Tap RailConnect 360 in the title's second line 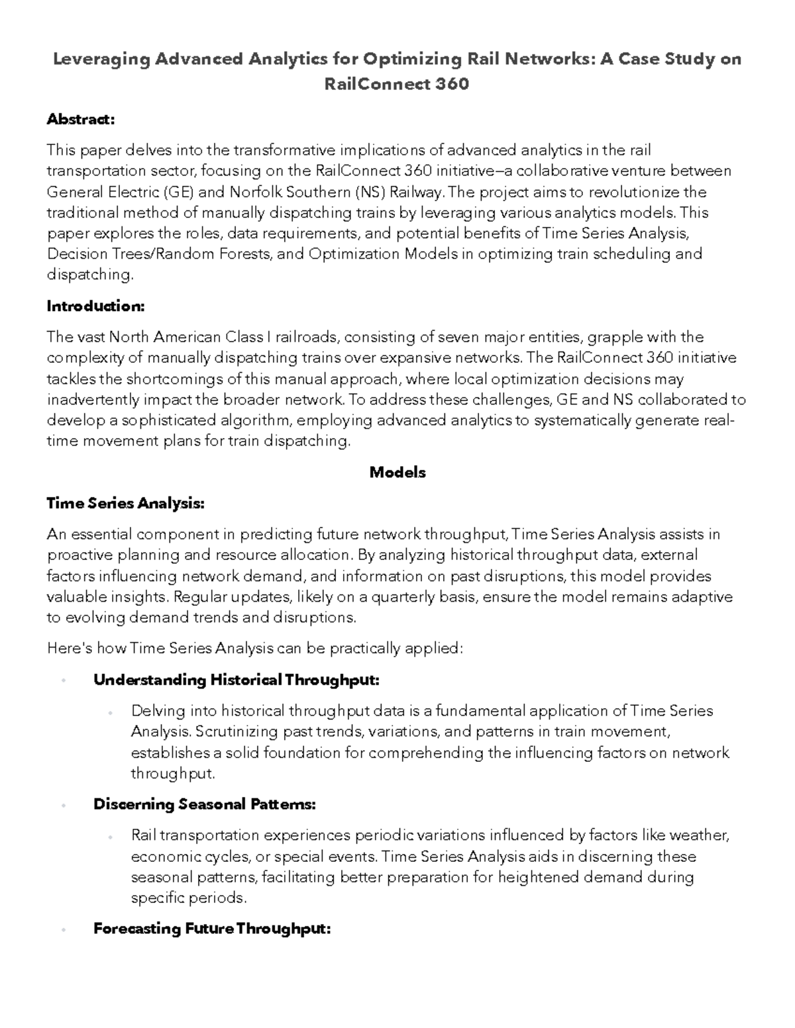[397, 84]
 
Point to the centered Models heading [397, 472]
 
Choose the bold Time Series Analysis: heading [125, 503]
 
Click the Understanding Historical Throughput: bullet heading [237, 680]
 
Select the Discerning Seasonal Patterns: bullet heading [204, 804]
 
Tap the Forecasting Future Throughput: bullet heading [212, 929]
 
